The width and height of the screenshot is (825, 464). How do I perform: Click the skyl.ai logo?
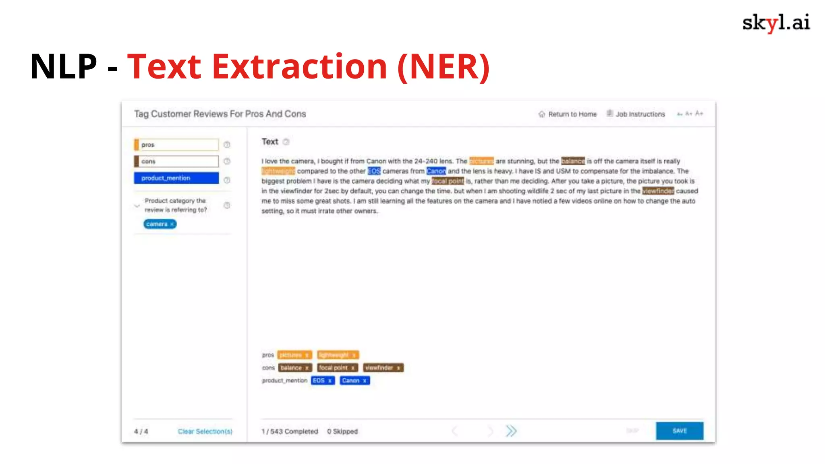tap(776, 23)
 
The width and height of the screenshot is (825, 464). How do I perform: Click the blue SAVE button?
tap(679, 431)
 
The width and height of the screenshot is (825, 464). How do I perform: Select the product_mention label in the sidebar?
tap(176, 178)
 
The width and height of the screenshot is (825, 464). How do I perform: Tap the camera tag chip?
tap(160, 224)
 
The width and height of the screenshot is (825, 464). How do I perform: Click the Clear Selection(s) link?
tap(205, 431)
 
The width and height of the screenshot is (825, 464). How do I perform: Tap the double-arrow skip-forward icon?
tap(511, 431)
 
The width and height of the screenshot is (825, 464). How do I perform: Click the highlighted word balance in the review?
tap(572, 161)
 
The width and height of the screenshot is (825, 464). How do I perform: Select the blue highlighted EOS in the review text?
tap(374, 171)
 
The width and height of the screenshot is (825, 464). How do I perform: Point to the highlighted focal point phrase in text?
tap(448, 181)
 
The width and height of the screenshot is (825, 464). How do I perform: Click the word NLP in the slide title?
tap(64, 66)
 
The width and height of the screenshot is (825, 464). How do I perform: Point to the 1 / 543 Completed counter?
tap(290, 431)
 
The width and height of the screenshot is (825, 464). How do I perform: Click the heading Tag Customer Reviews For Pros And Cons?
tap(220, 114)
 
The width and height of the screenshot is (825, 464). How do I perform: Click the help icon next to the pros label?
tap(227, 145)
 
